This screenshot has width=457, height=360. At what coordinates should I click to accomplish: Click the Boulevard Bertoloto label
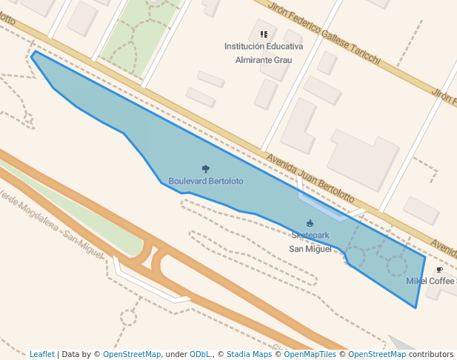(205, 181)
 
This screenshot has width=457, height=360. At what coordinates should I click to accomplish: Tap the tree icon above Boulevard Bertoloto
(206, 170)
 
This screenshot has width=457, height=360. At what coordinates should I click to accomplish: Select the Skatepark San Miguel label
(310, 241)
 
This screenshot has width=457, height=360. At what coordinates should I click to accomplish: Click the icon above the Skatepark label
(310, 223)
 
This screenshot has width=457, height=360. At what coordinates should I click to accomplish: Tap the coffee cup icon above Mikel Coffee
(439, 270)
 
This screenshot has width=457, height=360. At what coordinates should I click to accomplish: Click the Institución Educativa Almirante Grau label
(264, 53)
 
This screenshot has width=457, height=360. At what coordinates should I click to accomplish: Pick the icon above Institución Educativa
(264, 34)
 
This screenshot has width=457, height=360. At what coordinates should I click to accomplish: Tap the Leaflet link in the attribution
(42, 354)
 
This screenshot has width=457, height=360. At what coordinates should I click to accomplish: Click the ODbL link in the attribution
(199, 354)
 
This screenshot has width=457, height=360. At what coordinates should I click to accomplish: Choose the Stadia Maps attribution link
(249, 354)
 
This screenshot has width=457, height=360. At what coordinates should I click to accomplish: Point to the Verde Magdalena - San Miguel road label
(52, 223)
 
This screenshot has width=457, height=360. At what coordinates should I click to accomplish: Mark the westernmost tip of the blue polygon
(31, 56)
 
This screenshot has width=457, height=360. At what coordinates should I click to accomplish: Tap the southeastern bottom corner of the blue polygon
(416, 307)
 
